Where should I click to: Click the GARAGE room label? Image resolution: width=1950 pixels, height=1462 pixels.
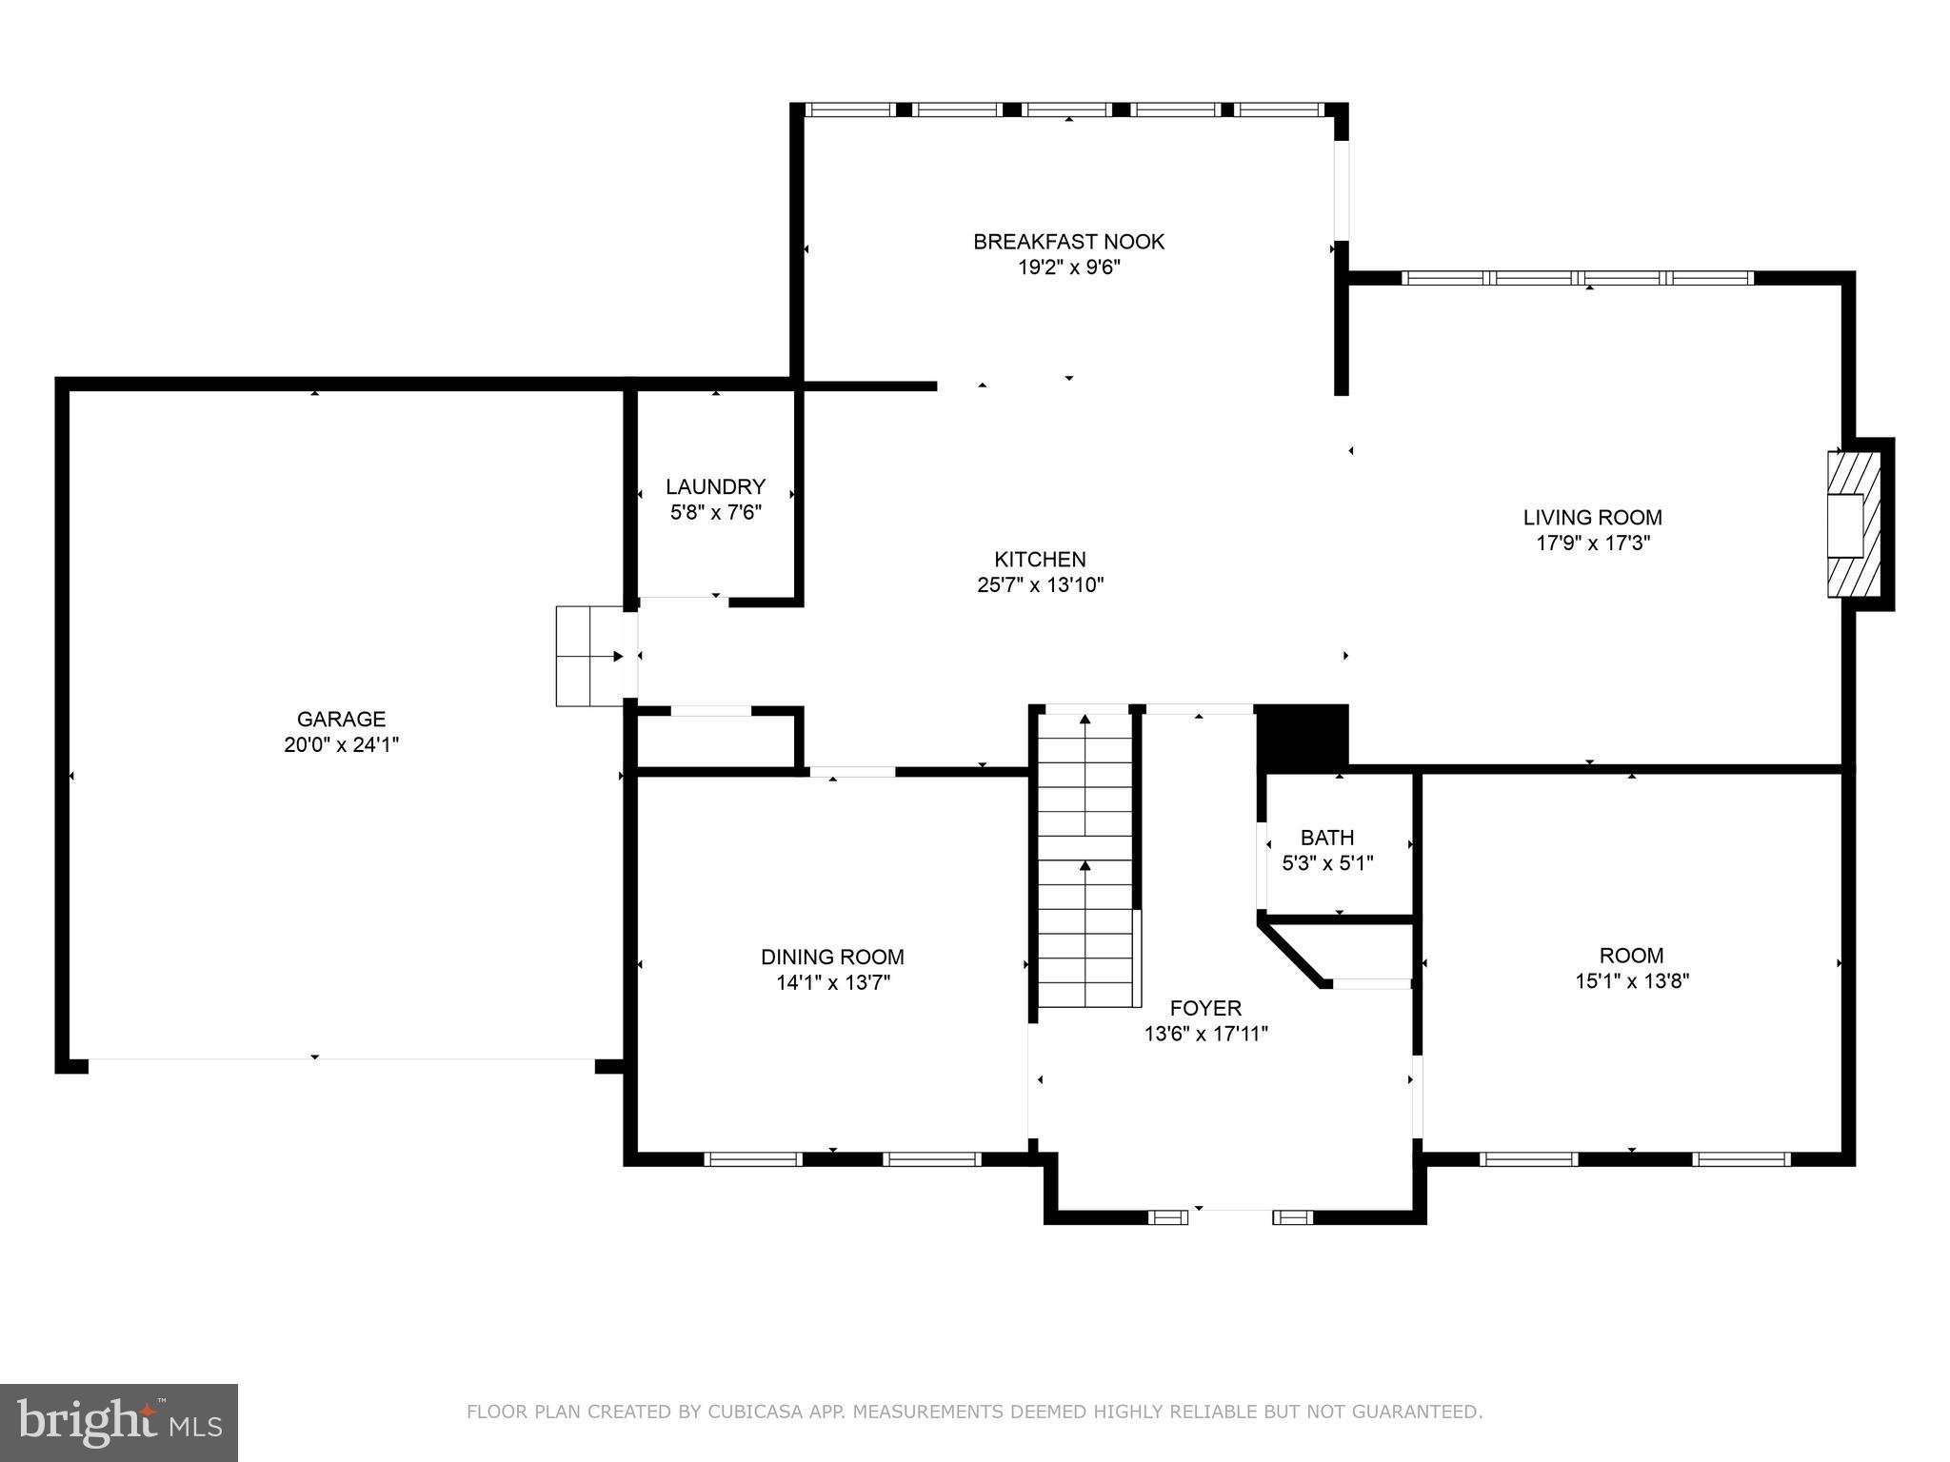341,719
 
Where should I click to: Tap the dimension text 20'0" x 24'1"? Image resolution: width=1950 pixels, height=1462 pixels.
341,745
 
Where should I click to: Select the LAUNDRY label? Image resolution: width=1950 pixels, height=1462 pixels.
715,487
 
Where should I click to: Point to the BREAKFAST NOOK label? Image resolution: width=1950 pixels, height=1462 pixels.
1068,242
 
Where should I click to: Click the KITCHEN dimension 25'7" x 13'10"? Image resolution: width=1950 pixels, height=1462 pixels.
1040,585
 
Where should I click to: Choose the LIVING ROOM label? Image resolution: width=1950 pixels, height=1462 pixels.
1592,518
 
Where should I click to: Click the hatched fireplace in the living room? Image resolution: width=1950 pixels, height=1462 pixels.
1853,524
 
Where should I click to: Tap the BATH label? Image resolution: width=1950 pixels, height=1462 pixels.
1326,838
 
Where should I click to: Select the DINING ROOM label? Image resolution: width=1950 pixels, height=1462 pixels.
832,957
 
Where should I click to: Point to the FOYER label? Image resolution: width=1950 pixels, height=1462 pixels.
1205,1008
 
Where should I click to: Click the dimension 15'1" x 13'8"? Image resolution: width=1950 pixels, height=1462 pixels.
1631,981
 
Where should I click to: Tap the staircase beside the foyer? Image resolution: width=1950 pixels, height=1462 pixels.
1085,857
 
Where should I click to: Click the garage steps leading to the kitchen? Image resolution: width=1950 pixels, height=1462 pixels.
589,656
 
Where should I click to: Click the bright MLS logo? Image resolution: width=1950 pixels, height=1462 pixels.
118,1423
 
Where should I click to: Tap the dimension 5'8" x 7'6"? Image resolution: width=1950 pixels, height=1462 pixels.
715,513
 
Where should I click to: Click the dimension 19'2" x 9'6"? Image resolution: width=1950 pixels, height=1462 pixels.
1068,268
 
